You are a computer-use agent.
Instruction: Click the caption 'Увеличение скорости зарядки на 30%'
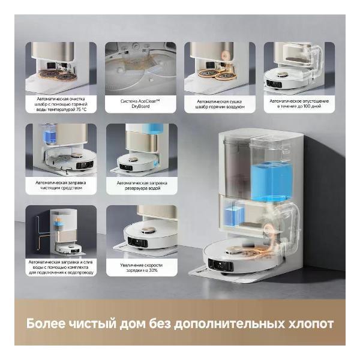point(141,267)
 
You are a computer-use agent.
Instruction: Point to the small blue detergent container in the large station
point(233,215)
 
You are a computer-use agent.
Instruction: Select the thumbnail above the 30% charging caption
point(141,230)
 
